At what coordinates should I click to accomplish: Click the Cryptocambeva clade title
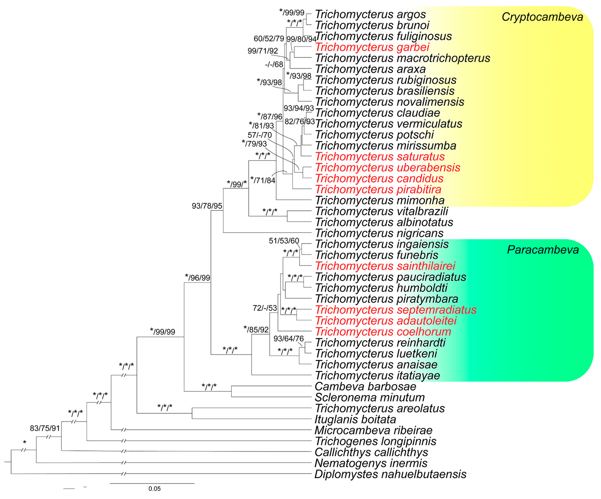coord(542,17)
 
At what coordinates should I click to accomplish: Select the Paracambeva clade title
coord(543,250)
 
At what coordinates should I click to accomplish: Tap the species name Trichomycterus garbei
coord(372,47)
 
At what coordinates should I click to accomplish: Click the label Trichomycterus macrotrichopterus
coord(403,58)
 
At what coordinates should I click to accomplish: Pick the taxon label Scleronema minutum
coord(370,398)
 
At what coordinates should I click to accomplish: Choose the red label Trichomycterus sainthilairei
coord(385,266)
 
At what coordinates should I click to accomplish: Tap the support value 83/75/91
coord(45,428)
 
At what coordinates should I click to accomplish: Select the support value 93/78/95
coord(207,206)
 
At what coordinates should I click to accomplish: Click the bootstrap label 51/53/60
coord(284,241)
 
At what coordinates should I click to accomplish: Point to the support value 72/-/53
coord(265,308)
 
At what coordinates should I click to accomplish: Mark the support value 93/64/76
coord(288,339)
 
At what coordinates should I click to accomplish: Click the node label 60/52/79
coord(269,39)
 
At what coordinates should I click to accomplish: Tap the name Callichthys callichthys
coord(371,452)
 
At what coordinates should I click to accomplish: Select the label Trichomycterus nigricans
coord(379,233)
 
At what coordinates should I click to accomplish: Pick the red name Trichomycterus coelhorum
coord(383,332)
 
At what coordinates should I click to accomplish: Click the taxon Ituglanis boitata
coord(355,420)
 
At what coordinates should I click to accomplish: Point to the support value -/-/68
coord(274,65)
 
